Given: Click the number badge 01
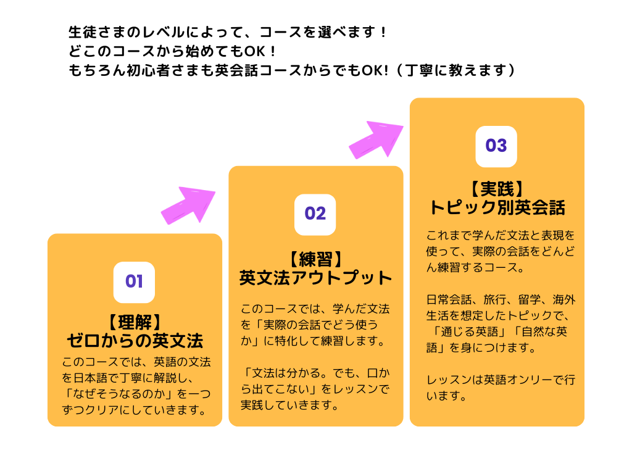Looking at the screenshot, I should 134,282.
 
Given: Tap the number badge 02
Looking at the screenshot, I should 315,214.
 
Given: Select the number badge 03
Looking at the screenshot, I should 496,146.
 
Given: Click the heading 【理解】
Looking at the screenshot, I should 134,322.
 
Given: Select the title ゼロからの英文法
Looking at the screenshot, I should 135,341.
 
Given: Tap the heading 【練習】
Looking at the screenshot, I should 315,258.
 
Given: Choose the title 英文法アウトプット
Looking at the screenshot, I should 315,278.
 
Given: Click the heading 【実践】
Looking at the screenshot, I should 496,188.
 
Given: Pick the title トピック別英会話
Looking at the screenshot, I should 497,207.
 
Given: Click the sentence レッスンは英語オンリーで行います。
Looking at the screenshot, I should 500,388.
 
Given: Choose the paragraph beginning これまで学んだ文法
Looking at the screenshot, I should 500,252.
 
